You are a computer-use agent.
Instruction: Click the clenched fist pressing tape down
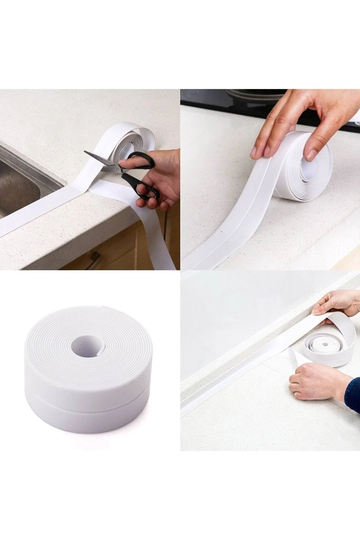312,381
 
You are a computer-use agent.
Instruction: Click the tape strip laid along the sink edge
39,210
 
